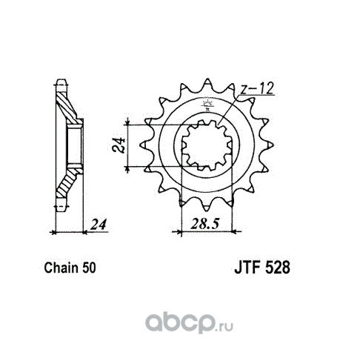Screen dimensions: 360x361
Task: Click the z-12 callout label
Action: (x=257, y=89)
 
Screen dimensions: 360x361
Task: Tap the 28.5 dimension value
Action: (x=205, y=224)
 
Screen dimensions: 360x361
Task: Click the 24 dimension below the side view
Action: (x=99, y=224)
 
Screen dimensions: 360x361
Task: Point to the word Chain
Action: (x=61, y=268)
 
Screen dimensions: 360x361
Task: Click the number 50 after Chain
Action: (x=89, y=268)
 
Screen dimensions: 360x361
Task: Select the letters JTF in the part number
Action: (x=248, y=268)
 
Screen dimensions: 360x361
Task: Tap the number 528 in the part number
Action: (x=278, y=268)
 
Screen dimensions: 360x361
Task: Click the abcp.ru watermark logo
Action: (x=189, y=323)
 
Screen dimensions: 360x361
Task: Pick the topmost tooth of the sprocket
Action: (x=207, y=83)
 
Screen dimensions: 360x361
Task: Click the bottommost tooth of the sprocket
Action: (x=207, y=207)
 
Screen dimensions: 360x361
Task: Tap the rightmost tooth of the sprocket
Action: (x=269, y=145)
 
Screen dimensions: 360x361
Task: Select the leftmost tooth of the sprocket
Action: (x=145, y=145)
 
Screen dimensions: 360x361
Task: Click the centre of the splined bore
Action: (x=207, y=145)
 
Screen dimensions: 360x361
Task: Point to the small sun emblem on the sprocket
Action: (x=207, y=104)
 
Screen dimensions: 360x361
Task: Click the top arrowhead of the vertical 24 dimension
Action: (x=127, y=122)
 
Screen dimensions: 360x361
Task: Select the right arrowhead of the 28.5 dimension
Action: (x=236, y=232)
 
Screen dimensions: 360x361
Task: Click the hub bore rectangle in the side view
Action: (x=75, y=146)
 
